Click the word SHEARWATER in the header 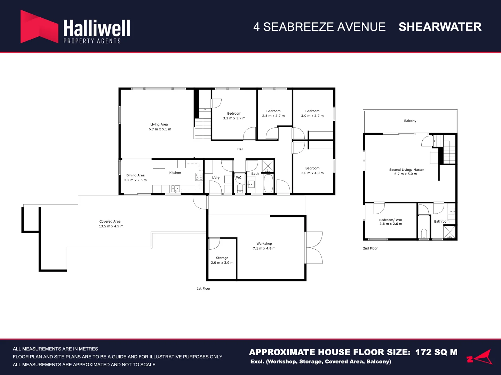tap(440, 27)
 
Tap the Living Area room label tap(159, 124)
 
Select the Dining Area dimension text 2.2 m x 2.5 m tap(135, 180)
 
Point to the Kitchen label tap(175, 173)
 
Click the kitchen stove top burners tap(199, 177)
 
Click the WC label tap(239, 177)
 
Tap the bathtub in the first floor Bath tap(268, 183)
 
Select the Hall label tap(240, 149)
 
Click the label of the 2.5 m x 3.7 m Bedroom tap(273, 111)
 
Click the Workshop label tap(264, 244)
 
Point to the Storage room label tap(222, 258)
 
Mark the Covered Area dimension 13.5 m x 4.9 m tap(111, 226)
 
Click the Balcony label tap(410, 121)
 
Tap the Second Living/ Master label tap(406, 170)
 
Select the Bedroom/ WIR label tap(391, 220)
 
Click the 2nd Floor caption tap(370, 248)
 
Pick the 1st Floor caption tap(204, 289)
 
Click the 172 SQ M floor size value tap(436, 352)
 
